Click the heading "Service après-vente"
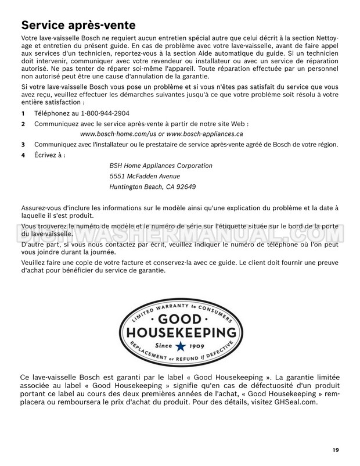coord(78,26)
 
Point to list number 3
coord(23,144)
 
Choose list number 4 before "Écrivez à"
coord(23,155)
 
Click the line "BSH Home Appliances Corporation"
coord(161,166)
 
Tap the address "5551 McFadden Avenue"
coord(145,176)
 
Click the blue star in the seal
coord(179,346)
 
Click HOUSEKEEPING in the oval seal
coord(179,333)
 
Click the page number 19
coord(337,450)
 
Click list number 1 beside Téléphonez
coord(23,113)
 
